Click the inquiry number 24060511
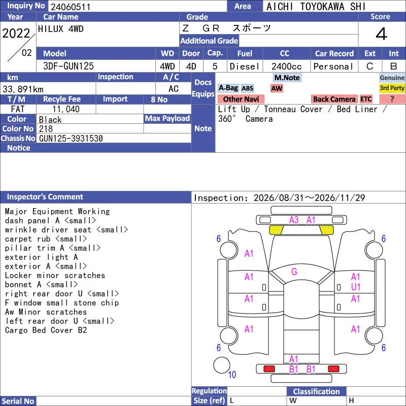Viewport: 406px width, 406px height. [x=71, y=7]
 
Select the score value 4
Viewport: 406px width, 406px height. [x=381, y=34]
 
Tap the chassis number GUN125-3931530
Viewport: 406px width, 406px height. [x=71, y=139]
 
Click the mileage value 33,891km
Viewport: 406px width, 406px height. [x=23, y=89]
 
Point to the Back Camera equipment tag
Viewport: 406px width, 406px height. [x=334, y=99]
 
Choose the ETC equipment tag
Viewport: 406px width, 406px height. [x=366, y=99]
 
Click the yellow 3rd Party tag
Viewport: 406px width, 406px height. [x=392, y=88]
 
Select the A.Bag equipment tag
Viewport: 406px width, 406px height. [x=228, y=88]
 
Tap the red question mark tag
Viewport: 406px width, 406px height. [x=392, y=99]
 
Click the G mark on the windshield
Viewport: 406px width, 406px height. [x=294, y=272]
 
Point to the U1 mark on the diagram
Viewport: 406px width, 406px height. [x=356, y=287]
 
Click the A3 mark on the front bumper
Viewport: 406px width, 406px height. [x=294, y=220]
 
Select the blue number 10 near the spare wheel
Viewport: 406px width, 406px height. [x=232, y=375]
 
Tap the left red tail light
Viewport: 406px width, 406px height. [x=269, y=369]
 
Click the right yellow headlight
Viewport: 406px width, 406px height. [x=326, y=230]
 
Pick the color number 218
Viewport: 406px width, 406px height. [x=46, y=129]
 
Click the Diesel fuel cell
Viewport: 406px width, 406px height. [x=245, y=66]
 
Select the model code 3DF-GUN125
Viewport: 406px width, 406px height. [x=69, y=66]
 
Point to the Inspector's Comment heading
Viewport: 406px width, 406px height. [x=45, y=197]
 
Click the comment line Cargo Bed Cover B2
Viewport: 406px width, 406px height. [x=46, y=330]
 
